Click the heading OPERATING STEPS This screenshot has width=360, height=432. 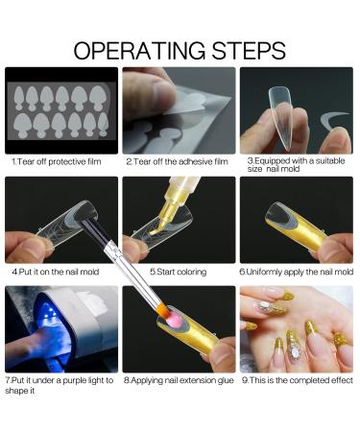click(x=180, y=50)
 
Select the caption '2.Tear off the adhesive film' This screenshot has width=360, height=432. click(x=178, y=161)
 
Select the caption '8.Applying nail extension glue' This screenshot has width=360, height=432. click(x=180, y=380)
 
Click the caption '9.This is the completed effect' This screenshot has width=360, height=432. click(x=298, y=380)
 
